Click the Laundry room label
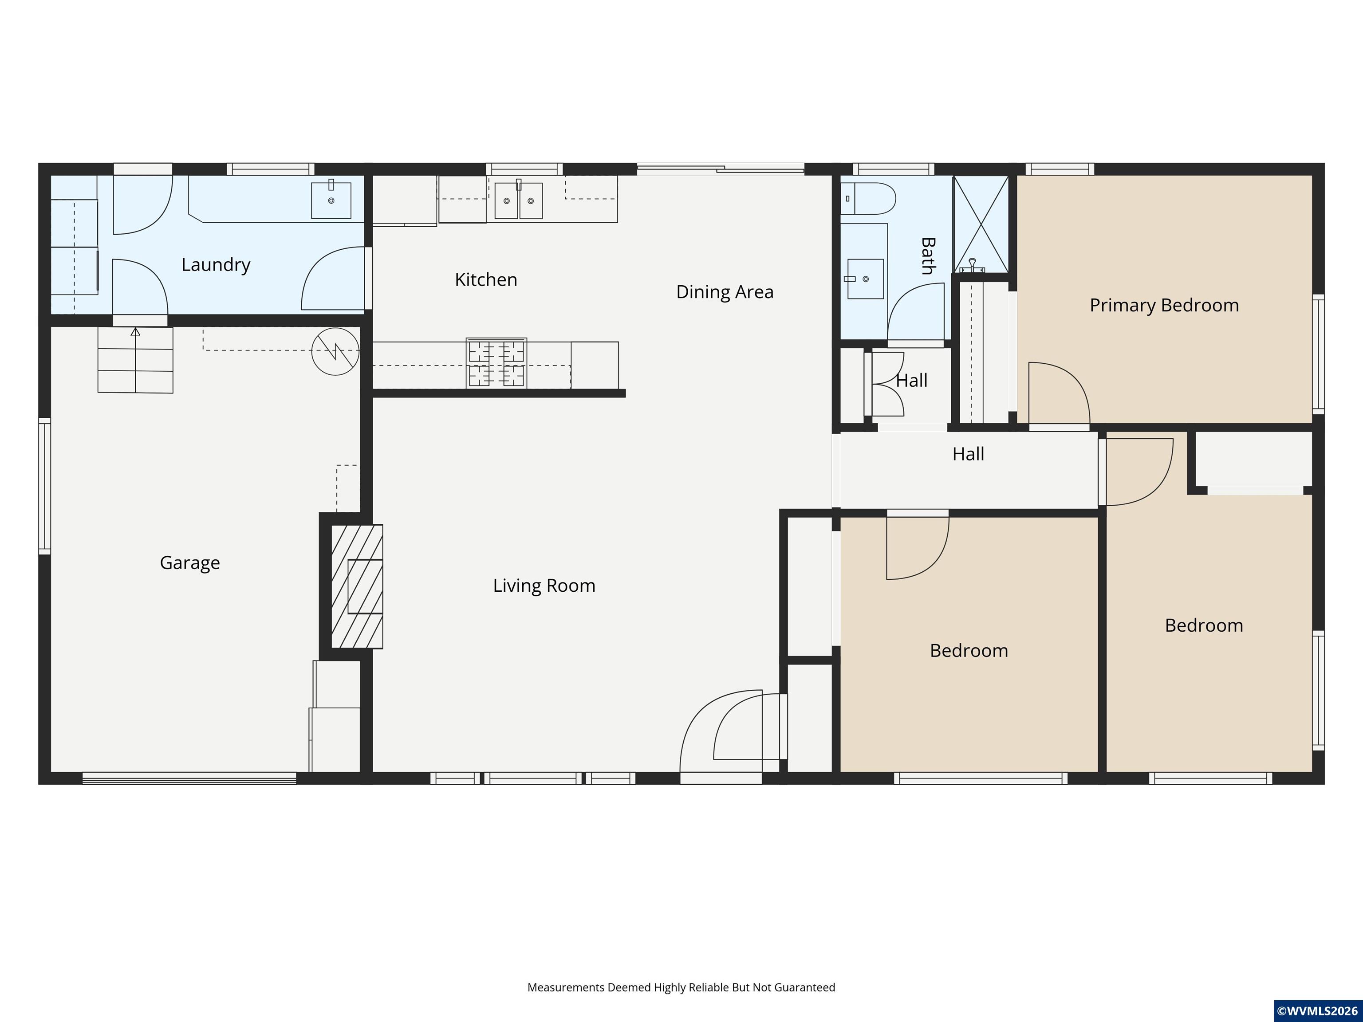[216, 265]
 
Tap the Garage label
[190, 563]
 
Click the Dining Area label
[725, 292]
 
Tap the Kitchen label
[485, 280]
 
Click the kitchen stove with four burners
[496, 363]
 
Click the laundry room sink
[331, 200]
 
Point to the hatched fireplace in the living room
[357, 586]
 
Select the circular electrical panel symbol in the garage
[335, 351]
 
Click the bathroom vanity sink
[865, 279]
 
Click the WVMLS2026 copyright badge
[1317, 1011]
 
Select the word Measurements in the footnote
[566, 987]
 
